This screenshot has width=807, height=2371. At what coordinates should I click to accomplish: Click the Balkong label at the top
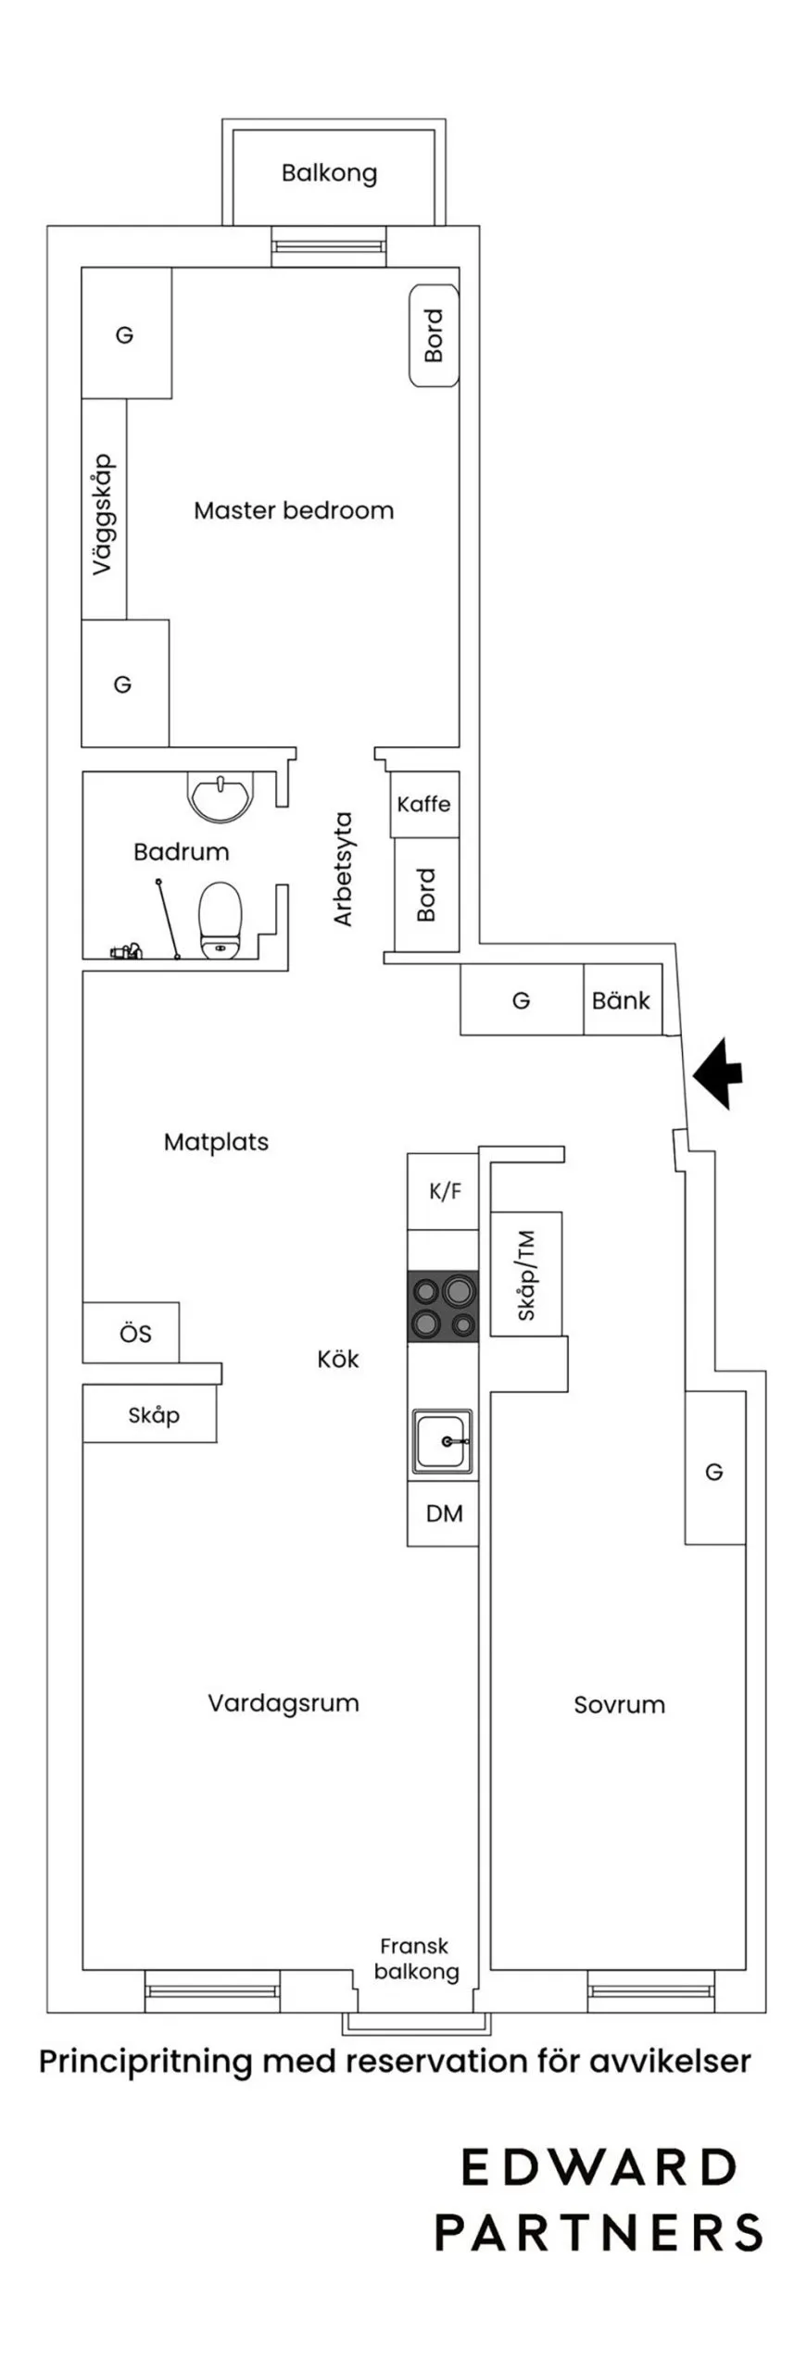click(x=329, y=173)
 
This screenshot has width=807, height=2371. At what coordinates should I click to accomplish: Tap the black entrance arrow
click(x=718, y=1073)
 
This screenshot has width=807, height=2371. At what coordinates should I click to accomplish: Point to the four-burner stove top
click(x=443, y=1306)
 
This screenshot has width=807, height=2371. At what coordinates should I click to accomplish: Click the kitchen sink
click(x=442, y=1442)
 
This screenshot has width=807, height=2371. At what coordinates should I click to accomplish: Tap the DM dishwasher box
click(x=443, y=1513)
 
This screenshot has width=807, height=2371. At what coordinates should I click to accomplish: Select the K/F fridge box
click(x=443, y=1191)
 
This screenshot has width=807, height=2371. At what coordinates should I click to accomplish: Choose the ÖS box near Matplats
click(x=131, y=1333)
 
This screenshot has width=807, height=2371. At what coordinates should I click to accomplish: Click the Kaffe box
click(x=424, y=804)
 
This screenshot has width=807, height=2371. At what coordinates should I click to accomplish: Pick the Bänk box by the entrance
click(x=622, y=1000)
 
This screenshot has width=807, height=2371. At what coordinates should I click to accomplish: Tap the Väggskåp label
click(x=103, y=514)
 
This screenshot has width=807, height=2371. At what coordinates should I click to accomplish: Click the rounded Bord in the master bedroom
click(x=434, y=335)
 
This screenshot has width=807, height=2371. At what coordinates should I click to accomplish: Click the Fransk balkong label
click(x=416, y=1959)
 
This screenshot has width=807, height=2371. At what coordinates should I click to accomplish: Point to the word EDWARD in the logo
click(x=599, y=2168)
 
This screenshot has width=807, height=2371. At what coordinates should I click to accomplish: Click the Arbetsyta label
click(x=344, y=869)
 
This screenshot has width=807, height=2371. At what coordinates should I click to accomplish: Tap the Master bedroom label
click(x=294, y=510)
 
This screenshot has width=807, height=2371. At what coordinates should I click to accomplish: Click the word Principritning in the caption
click(x=145, y=2062)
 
